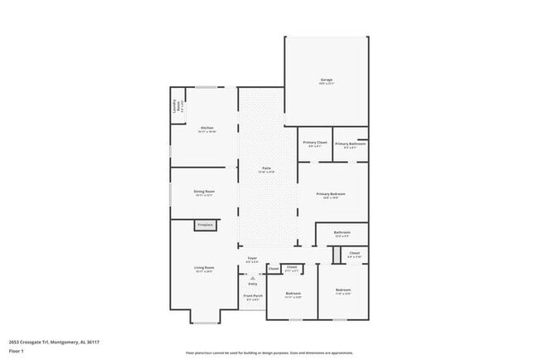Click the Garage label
pos(327,80)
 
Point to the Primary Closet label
pos(315,144)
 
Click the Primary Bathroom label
pos(350,144)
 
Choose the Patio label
pos(267,168)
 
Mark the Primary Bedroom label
pos(330,195)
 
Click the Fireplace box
pos(205,225)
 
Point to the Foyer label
pos(252,259)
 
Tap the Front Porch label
pos(252,296)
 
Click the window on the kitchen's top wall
pos(206,87)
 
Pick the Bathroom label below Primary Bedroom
pos(342,233)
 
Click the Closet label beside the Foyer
pos(274,269)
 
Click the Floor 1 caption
pos(16,350)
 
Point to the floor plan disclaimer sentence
pos(269,353)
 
